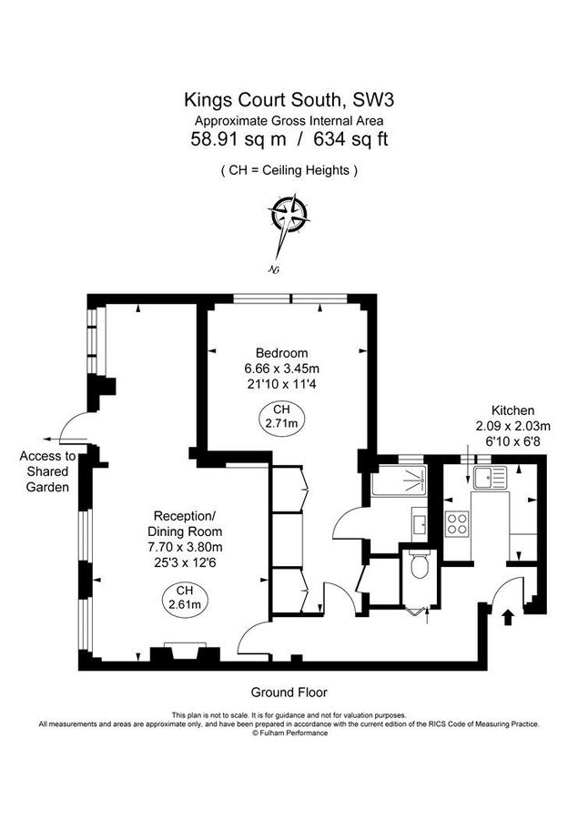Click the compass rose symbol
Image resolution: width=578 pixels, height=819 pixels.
289,217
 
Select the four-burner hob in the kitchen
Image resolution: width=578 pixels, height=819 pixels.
456,522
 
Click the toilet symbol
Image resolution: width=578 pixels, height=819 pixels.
420,565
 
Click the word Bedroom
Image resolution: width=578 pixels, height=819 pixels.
281,353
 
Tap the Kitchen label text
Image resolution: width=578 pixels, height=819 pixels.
512,410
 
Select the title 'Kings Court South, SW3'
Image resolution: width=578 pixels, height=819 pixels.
288,98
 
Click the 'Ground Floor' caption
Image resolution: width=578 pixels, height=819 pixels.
288,692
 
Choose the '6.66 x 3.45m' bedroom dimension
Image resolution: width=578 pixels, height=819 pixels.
281,369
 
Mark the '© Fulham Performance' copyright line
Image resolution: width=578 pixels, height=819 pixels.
289,733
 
